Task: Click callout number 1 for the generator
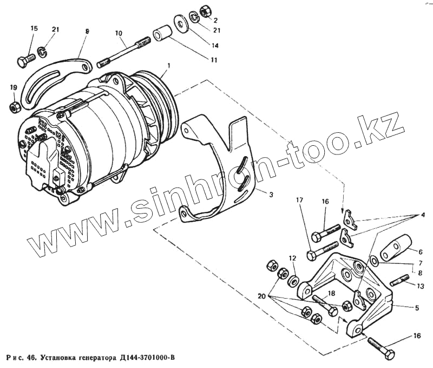pos(169,65)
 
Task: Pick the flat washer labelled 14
pos(179,24)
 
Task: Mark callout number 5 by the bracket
pos(416,308)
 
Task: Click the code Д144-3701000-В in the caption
pos(146,358)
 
